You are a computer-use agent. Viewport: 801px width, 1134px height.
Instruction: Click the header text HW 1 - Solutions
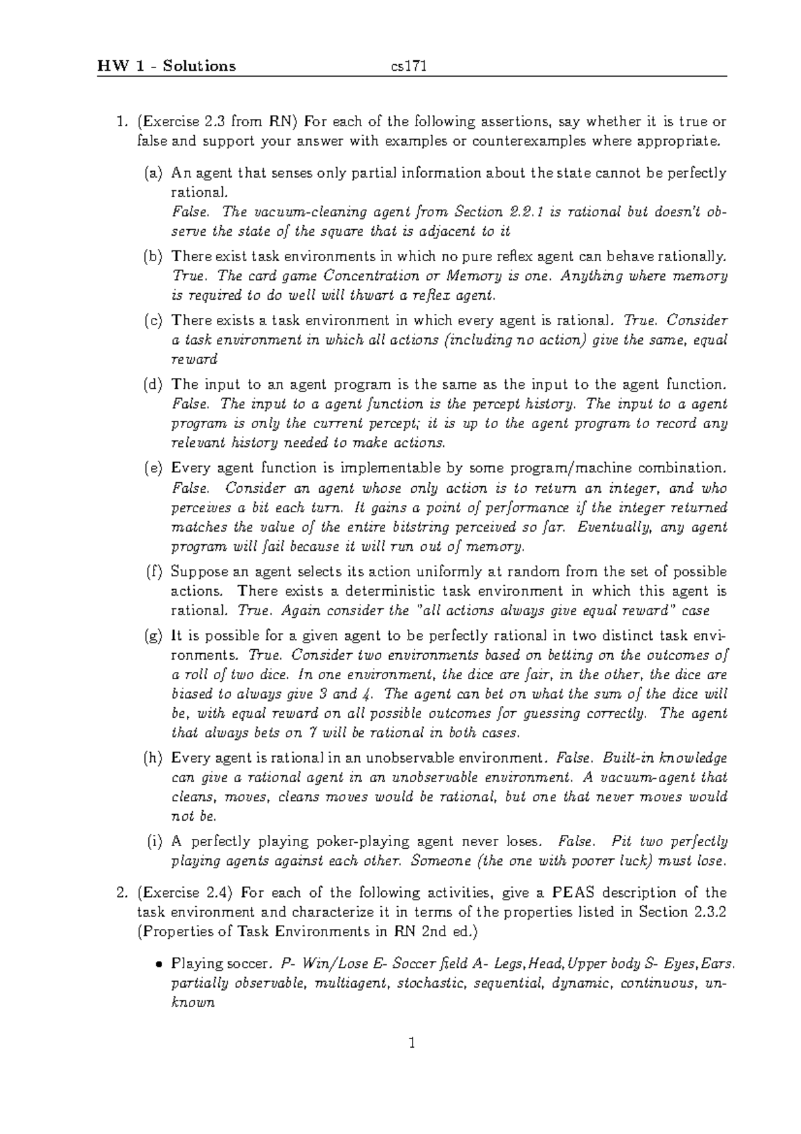pyautogui.click(x=166, y=65)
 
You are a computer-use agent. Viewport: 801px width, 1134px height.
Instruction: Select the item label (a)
pyautogui.click(x=154, y=174)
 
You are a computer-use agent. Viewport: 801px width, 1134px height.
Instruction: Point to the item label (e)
pyautogui.click(x=154, y=468)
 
